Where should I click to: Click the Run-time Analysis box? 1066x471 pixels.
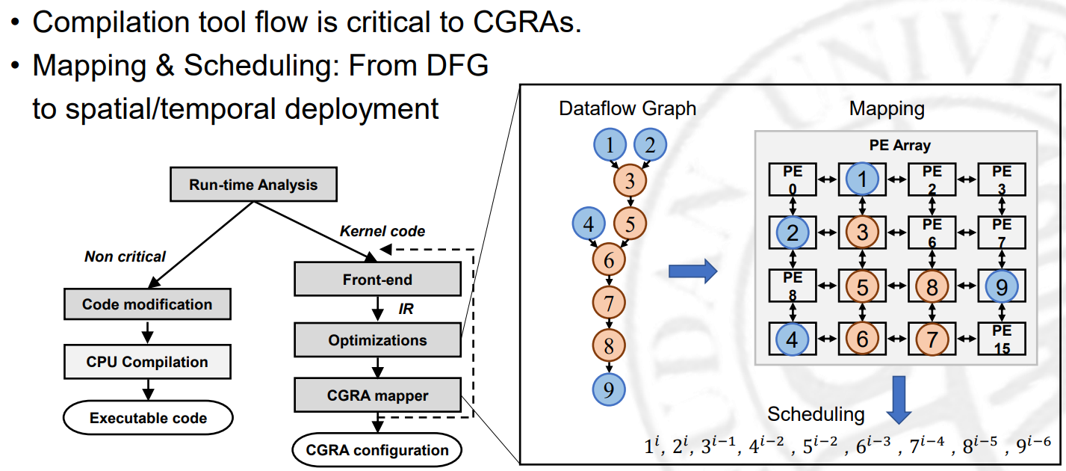(253, 185)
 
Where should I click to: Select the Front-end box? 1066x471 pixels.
(377, 280)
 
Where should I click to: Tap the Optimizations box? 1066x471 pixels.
(377, 340)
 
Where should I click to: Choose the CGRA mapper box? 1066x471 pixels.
(377, 395)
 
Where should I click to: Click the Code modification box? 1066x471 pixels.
(147, 304)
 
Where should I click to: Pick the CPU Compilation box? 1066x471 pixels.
(147, 362)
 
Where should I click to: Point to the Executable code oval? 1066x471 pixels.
(148, 418)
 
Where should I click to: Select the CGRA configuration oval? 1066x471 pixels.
(377, 450)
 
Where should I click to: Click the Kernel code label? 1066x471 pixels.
(382, 232)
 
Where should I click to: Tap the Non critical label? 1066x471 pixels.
(125, 256)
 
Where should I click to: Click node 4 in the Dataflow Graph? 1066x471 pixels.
(589, 223)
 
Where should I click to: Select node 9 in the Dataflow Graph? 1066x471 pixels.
(609, 389)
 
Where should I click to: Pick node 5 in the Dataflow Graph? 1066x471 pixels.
(630, 222)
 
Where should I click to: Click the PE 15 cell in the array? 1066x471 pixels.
(1002, 339)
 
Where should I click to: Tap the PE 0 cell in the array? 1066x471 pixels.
(793, 179)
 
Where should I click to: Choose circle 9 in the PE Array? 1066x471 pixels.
(1001, 285)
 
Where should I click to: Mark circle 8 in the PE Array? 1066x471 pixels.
(932, 285)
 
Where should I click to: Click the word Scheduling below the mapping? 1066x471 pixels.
(816, 415)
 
